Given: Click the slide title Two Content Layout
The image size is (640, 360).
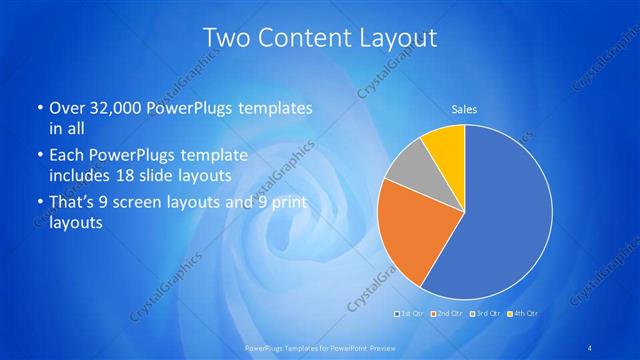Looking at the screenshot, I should tap(320, 39).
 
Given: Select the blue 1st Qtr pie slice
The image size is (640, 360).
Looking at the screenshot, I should tap(505, 215).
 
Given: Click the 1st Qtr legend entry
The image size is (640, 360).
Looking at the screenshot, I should tap(410, 314).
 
